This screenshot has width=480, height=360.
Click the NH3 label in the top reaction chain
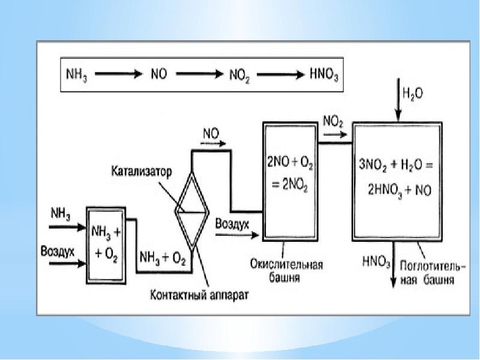pos(76,76)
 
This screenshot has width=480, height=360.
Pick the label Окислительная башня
pos(287,270)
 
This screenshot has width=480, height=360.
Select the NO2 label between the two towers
pos(333,122)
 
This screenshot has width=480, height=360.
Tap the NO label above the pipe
pos(211,135)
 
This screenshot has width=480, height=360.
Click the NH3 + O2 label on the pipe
pos(163,259)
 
